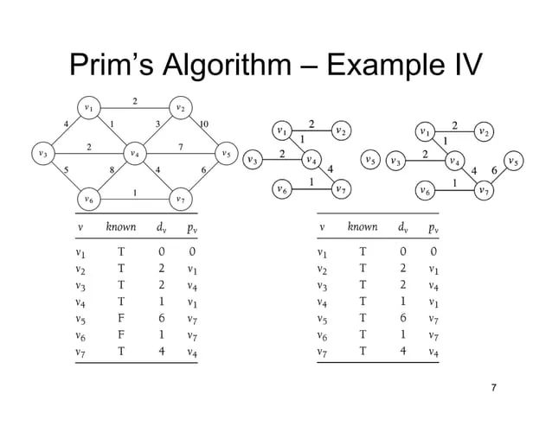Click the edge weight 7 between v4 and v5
point(179,147)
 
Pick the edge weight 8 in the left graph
point(112,170)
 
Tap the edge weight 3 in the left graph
point(157,124)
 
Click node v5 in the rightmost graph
point(514,160)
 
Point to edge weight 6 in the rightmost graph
point(494,170)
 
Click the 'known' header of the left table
point(120,227)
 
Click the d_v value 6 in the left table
point(162,318)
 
